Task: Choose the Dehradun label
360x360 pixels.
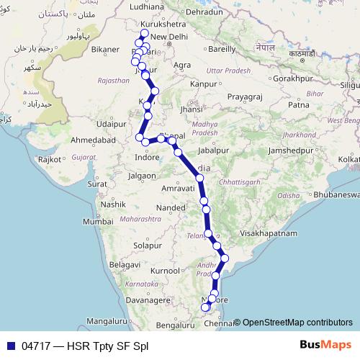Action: point(205,12)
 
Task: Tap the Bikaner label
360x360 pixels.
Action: point(104,50)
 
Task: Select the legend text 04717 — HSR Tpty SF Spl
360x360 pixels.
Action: point(84,346)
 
